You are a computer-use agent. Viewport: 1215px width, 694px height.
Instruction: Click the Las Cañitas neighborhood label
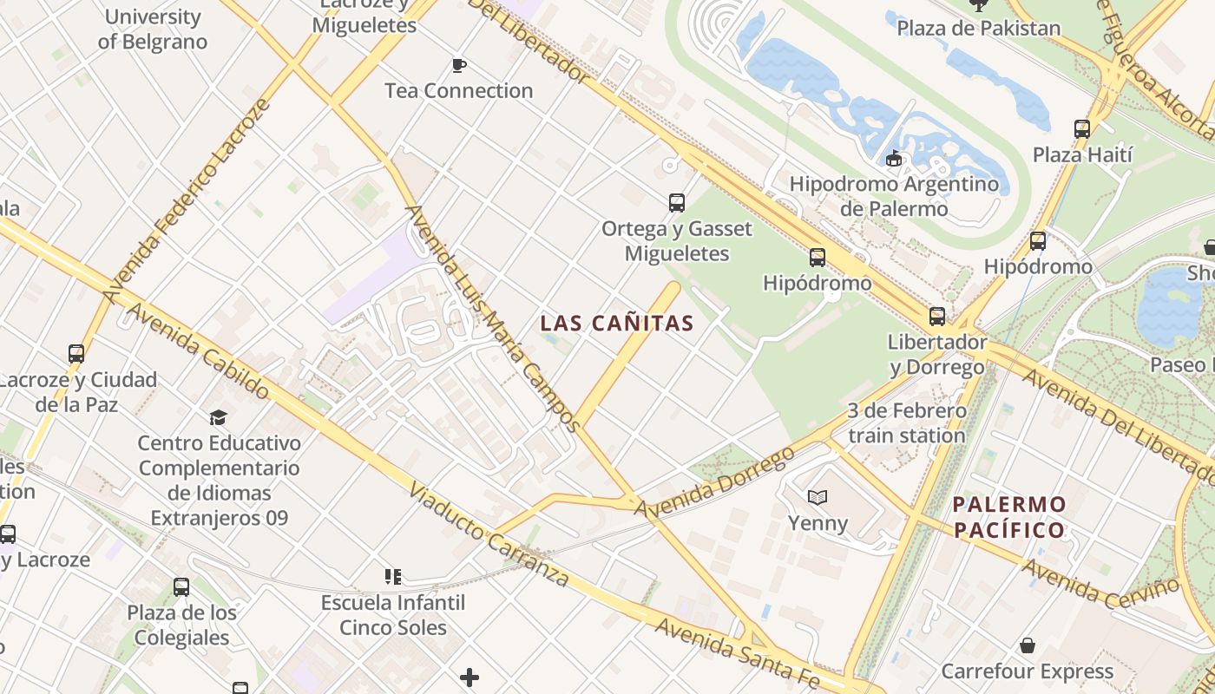click(616, 324)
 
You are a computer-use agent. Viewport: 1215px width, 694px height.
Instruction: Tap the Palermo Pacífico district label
click(1009, 517)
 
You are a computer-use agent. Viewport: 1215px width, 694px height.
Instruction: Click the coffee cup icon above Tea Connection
click(458, 65)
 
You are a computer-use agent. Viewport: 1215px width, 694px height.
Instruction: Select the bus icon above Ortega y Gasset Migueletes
click(677, 203)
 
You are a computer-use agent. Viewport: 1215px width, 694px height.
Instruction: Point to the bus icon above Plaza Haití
click(1081, 129)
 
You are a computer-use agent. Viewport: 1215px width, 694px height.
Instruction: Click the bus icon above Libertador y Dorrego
click(936, 317)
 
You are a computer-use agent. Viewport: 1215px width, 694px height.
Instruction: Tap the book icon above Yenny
click(818, 497)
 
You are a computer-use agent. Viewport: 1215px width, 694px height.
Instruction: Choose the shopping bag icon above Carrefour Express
click(1028, 645)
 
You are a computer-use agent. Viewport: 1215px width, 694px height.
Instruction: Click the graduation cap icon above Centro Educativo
click(218, 417)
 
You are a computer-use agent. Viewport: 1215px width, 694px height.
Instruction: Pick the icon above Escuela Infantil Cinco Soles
click(392, 576)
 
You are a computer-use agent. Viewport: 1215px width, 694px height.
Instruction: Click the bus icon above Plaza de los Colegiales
click(181, 587)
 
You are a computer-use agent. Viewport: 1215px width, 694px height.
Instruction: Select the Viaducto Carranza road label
click(489, 536)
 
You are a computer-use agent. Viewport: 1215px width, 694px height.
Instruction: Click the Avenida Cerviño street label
click(1101, 585)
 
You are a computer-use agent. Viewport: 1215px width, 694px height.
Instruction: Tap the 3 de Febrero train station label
click(906, 422)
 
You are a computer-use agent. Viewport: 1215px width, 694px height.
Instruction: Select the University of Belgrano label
click(152, 29)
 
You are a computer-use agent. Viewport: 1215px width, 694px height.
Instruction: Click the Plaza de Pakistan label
click(978, 29)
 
